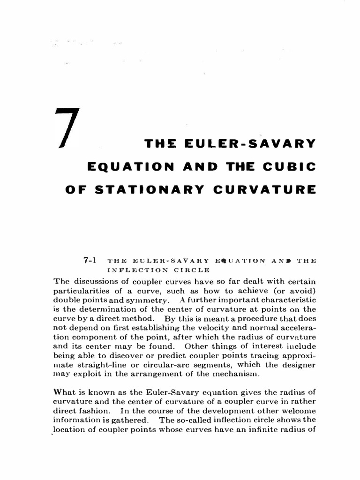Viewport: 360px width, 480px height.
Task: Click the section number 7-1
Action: [90, 261]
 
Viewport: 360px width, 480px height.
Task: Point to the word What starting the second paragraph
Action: [64, 392]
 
